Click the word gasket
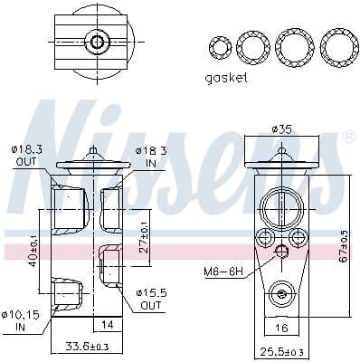click(226, 78)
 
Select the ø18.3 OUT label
click(24, 156)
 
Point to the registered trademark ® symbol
click(348, 136)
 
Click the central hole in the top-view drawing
click(94, 42)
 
